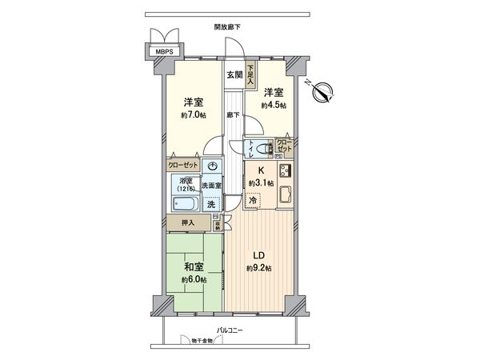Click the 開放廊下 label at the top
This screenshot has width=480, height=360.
point(227,26)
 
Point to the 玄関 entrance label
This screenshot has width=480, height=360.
point(234,75)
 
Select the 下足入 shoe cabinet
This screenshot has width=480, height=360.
point(250,74)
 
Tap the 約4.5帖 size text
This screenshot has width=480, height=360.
point(273,106)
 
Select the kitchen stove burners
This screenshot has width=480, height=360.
point(284,170)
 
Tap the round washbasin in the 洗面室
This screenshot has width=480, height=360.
point(213,166)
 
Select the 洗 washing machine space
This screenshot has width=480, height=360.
point(211,205)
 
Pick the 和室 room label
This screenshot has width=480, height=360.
point(193,266)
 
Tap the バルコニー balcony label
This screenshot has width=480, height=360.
point(228,330)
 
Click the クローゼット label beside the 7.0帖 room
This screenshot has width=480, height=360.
point(183,165)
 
